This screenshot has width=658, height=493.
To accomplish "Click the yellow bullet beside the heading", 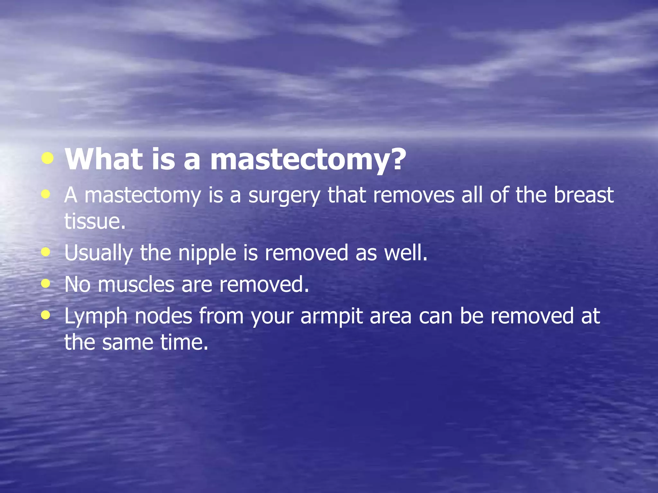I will click(x=48, y=158).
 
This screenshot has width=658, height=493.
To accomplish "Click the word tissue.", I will click(x=95, y=221).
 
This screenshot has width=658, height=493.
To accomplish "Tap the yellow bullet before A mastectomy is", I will click(x=46, y=194).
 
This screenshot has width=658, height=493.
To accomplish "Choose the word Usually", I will click(x=98, y=253).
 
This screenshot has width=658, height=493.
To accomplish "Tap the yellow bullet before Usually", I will click(x=46, y=252).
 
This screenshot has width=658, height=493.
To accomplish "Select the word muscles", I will click(x=136, y=284).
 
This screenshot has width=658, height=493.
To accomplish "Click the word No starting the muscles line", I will click(x=77, y=284).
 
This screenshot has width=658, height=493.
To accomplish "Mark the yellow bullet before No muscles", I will click(x=46, y=283).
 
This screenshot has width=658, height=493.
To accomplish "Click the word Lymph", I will click(x=96, y=316).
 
